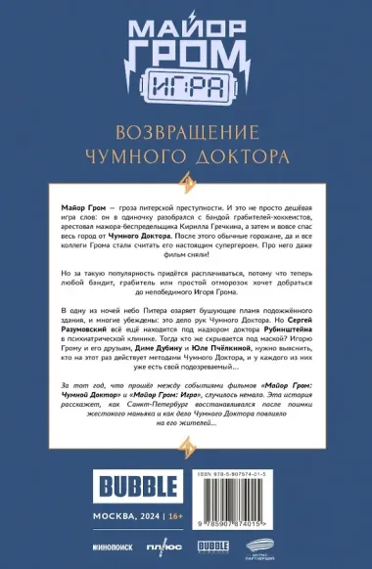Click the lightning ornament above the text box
[x=186, y=178]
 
